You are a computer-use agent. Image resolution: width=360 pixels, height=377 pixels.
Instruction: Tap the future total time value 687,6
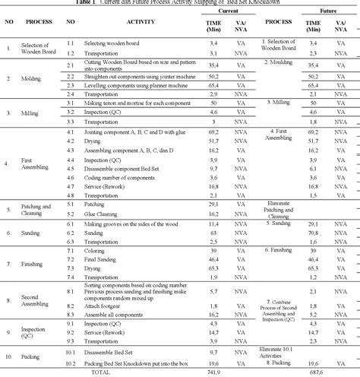click(x=311, y=372)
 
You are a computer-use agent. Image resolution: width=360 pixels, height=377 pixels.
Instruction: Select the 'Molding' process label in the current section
click(x=30, y=78)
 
